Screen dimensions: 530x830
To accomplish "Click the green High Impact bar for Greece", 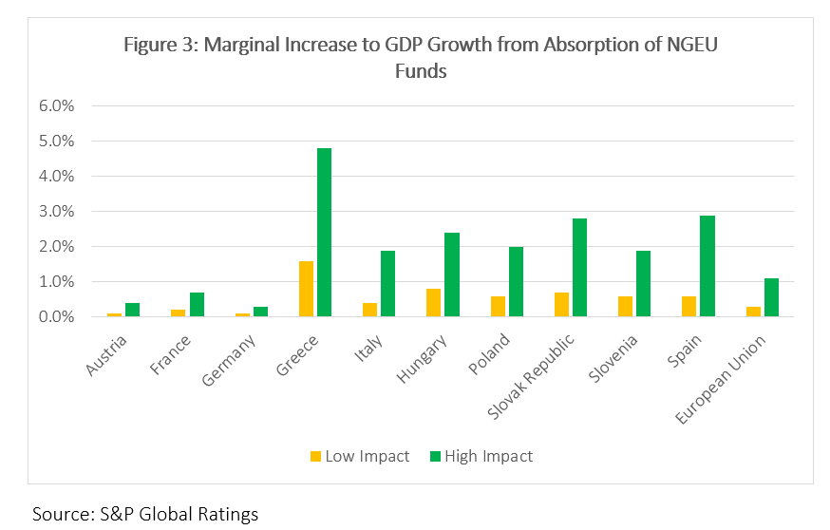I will (325, 233).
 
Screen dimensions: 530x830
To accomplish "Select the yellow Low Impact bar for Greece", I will (306, 289).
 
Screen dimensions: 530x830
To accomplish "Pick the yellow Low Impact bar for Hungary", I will (433, 303).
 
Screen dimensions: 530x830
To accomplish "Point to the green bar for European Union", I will (770, 297).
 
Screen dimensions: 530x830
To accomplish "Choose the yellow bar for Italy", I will (369, 310).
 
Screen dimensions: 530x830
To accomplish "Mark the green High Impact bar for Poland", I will (516, 282).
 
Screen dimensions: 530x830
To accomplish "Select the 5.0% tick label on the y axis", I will (56, 141).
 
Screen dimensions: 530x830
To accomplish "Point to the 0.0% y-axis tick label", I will (56, 316).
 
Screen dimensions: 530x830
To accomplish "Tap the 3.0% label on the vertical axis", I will (56, 211).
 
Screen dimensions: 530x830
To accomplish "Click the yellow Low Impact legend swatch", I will (314, 457).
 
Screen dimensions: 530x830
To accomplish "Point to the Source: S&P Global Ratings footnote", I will (145, 515).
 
